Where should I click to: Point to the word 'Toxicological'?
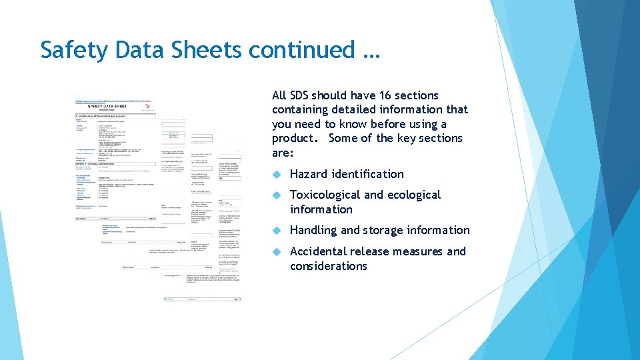pos(325,195)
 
